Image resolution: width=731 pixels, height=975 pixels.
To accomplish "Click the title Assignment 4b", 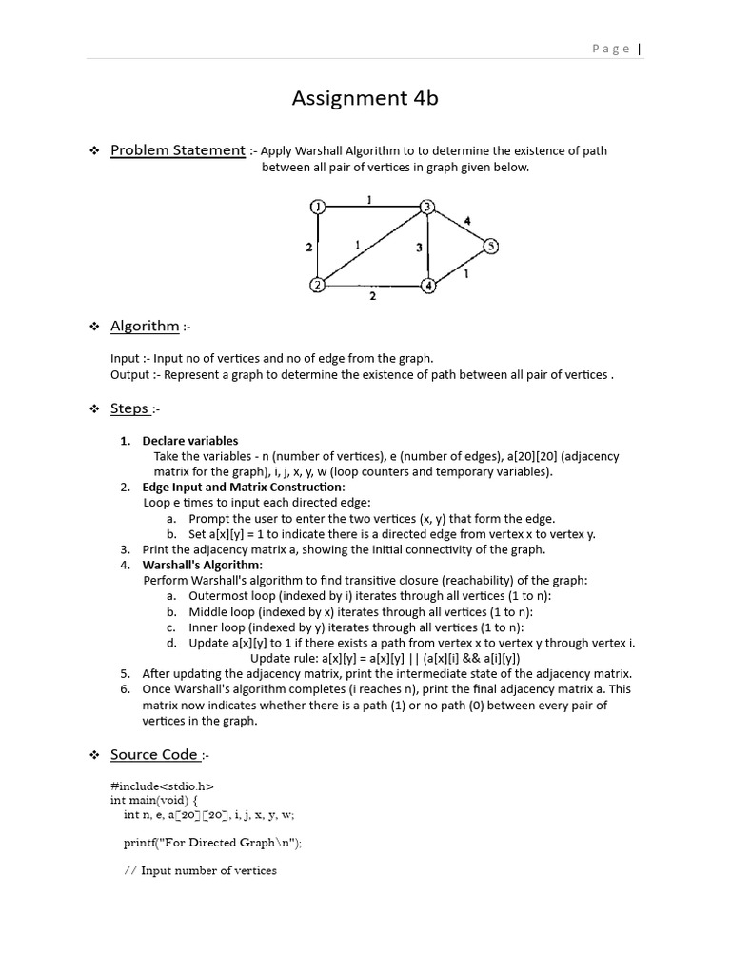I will click(x=365, y=97).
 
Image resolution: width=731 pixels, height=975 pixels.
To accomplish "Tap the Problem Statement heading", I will click(x=177, y=149).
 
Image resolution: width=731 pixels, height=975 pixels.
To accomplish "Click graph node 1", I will click(x=318, y=207).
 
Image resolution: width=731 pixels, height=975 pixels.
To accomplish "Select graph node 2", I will click(x=318, y=285).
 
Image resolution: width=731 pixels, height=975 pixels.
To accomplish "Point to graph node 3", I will click(x=428, y=207).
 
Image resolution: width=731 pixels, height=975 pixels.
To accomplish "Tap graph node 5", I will click(x=490, y=246).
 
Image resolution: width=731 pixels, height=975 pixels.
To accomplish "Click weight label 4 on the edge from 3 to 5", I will click(x=466, y=221).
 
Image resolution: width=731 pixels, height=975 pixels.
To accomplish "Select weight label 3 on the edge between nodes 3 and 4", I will click(x=418, y=248).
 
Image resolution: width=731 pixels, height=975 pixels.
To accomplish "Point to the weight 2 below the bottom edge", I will click(x=372, y=296).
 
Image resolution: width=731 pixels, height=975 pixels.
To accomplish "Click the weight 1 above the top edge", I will click(x=369, y=199).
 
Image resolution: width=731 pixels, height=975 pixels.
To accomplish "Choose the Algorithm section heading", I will click(x=145, y=326).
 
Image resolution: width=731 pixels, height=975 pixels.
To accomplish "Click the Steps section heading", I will click(x=129, y=408).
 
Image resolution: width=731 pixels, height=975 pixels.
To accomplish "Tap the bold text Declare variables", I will click(x=190, y=441).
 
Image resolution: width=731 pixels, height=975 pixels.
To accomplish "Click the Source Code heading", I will click(x=153, y=754).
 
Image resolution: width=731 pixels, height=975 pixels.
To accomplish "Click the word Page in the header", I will click(x=610, y=50).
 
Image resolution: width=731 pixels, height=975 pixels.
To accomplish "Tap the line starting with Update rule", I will click(x=385, y=658).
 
